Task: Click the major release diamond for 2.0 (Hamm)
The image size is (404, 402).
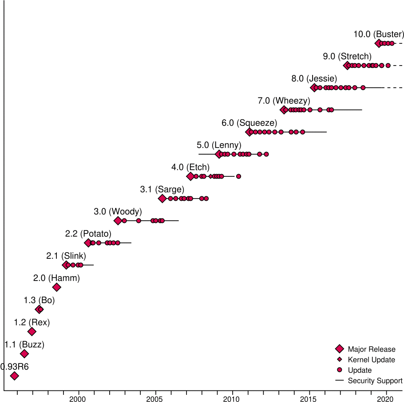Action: click(x=56, y=287)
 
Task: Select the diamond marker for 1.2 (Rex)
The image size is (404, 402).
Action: click(x=32, y=332)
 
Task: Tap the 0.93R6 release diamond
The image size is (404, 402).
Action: click(x=14, y=376)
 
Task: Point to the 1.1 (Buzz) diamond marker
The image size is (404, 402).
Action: click(x=24, y=354)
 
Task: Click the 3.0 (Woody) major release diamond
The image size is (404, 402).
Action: click(x=118, y=221)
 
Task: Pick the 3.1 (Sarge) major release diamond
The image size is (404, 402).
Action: click(x=162, y=199)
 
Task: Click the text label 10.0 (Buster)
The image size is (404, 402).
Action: click(x=379, y=34)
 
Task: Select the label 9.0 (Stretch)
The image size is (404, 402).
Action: click(x=347, y=56)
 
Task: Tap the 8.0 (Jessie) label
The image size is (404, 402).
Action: click(x=314, y=78)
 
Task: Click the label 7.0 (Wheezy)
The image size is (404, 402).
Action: click(x=284, y=101)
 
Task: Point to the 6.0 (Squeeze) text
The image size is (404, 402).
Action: click(x=249, y=123)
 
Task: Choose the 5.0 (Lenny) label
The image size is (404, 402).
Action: click(x=219, y=145)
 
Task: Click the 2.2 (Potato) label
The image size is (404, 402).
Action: click(x=88, y=234)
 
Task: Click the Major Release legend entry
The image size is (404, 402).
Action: click(x=371, y=349)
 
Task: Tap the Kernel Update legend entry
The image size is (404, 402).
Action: click(x=371, y=359)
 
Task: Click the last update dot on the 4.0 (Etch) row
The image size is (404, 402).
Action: click(x=238, y=176)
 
